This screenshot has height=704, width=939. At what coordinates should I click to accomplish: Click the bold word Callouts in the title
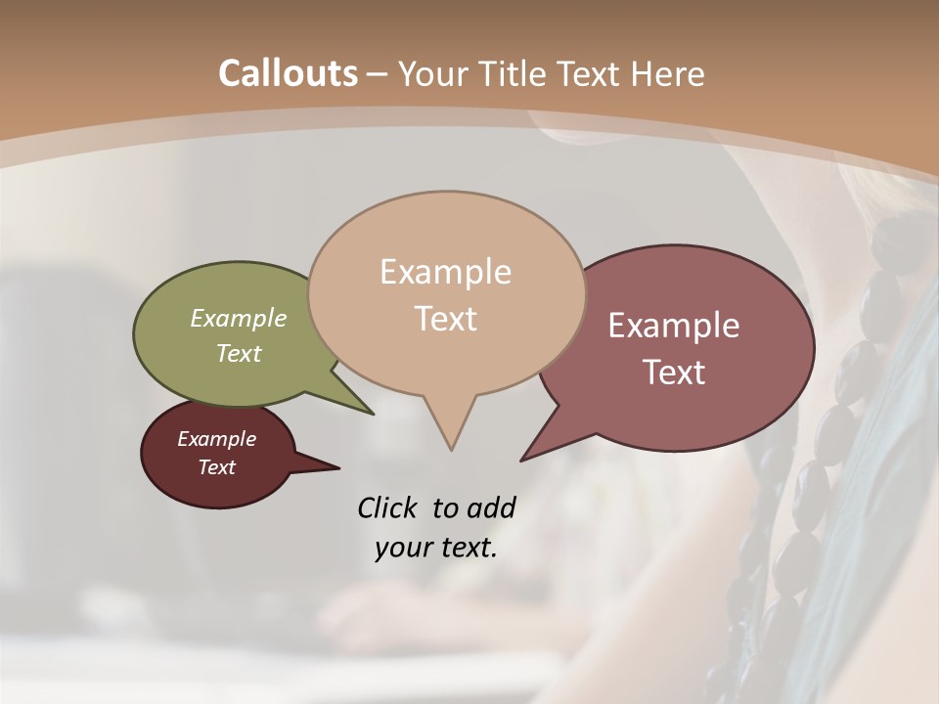click(x=288, y=73)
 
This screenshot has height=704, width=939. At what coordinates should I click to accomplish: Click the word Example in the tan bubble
click(x=445, y=272)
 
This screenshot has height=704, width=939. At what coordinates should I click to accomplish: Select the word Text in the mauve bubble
click(x=674, y=373)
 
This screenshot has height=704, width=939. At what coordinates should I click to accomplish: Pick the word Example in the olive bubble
click(x=239, y=318)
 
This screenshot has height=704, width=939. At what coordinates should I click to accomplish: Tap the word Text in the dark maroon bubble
click(x=216, y=467)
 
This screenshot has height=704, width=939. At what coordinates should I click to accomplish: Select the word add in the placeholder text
click(x=491, y=507)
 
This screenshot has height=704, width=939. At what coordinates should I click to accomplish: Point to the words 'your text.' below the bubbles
click(x=436, y=548)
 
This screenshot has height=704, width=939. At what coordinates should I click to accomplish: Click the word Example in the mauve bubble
click(x=674, y=326)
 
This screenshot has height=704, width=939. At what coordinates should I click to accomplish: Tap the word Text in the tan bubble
click(x=446, y=319)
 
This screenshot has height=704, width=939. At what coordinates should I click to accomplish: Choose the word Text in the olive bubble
click(x=239, y=353)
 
